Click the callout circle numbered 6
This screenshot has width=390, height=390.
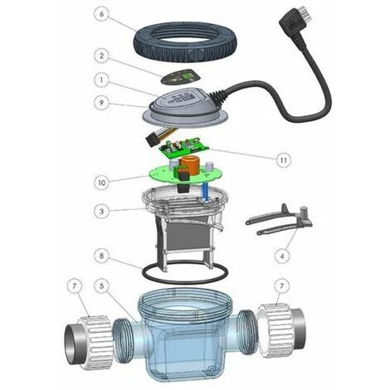click(x=102, y=14)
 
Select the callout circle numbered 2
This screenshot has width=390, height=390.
click(x=102, y=56)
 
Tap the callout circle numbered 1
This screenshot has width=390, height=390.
click(x=102, y=80)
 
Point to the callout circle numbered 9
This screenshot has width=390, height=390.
click(x=102, y=103)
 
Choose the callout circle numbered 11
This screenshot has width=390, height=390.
click(x=284, y=159)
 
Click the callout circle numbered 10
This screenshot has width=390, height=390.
click(x=102, y=183)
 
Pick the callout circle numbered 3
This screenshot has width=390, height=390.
click(x=102, y=212)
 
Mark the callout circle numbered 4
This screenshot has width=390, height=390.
click(x=282, y=256)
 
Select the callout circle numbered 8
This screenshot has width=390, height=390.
click(x=102, y=256)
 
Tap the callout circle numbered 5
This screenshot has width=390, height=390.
click(x=102, y=286)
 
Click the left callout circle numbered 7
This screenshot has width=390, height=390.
click(x=74, y=286)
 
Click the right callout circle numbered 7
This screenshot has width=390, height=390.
click(x=282, y=285)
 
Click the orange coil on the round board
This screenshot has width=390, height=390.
click(x=189, y=164)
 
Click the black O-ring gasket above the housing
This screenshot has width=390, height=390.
click(x=185, y=272)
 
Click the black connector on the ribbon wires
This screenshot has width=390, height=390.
click(x=152, y=139)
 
